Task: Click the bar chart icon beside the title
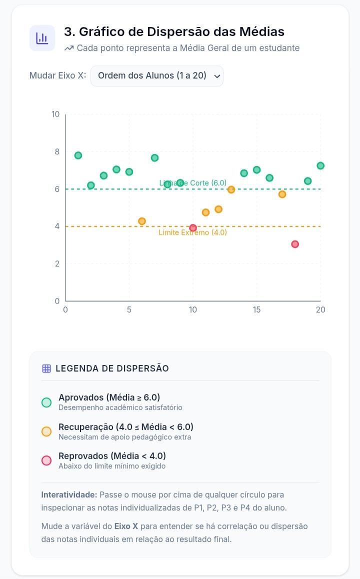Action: (42, 38)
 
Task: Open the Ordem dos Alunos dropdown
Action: (157, 75)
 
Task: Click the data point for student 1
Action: (78, 155)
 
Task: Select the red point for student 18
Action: (294, 244)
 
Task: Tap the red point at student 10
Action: (192, 228)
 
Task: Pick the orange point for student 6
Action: (142, 221)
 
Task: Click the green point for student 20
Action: (320, 166)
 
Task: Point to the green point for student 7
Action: (154, 157)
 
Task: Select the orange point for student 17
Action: (282, 194)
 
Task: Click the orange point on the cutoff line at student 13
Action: (231, 189)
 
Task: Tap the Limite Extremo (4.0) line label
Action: (192, 232)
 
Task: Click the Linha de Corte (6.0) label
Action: (192, 183)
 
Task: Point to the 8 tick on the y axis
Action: (57, 151)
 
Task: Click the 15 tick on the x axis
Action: (256, 310)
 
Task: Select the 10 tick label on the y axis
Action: (55, 114)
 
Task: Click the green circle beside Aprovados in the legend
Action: (46, 402)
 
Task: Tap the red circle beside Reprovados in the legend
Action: (46, 460)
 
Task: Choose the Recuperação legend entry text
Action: (126, 427)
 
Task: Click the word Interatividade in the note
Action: (69, 495)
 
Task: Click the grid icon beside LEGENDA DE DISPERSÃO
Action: (46, 368)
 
